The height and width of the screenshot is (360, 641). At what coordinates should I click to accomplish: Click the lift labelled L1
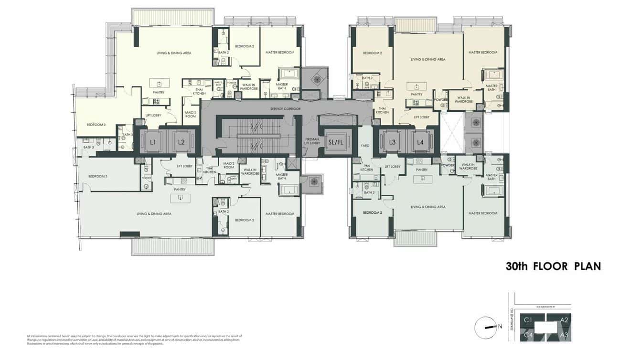[153, 142]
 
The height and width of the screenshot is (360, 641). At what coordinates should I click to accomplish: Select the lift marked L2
[181, 142]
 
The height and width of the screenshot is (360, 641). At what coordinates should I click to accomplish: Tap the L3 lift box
[392, 142]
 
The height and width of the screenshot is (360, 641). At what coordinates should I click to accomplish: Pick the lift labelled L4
[420, 142]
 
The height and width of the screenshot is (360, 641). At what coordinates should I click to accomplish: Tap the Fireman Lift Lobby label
[312, 141]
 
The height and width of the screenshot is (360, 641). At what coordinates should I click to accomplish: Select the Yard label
[365, 145]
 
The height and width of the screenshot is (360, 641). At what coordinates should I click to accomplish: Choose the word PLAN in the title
[587, 266]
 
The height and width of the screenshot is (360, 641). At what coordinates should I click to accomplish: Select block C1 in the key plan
[528, 320]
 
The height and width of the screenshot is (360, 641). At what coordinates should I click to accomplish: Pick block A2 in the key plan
[564, 320]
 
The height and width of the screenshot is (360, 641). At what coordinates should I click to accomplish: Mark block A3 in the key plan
[564, 335]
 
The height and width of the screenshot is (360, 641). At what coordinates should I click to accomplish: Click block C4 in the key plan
[528, 335]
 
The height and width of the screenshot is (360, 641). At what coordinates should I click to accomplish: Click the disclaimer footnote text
[134, 339]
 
